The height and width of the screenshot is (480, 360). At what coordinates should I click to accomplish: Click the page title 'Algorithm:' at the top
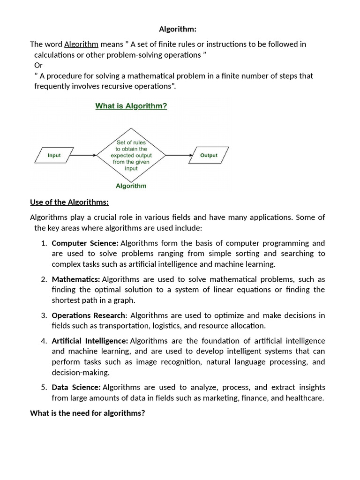(178, 29)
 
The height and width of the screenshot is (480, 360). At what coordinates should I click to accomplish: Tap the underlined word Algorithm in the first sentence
(81, 45)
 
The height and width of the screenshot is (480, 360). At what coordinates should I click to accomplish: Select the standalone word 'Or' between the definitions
(38, 65)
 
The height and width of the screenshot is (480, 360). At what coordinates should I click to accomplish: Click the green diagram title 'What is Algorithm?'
(131, 106)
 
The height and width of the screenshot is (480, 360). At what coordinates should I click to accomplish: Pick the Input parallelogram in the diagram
(54, 155)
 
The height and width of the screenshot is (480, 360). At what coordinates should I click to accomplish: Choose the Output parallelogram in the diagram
(209, 155)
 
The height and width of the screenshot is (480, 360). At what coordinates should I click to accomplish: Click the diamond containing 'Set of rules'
(131, 155)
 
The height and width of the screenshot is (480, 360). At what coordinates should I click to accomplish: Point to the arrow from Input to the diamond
(85, 155)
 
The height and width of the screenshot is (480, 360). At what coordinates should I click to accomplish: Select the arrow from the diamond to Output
(179, 155)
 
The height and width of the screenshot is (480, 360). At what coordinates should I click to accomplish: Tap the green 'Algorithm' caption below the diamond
(131, 186)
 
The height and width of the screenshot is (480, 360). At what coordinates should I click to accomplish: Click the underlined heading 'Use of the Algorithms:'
(69, 202)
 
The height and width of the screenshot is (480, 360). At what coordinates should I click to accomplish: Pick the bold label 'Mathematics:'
(76, 279)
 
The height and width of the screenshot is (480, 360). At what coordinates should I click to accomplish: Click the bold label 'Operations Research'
(89, 315)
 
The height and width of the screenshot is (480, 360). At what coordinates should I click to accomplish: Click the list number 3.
(44, 315)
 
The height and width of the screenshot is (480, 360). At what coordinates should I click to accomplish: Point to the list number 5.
(44, 387)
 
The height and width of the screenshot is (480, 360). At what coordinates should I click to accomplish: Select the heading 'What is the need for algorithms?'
(88, 413)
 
